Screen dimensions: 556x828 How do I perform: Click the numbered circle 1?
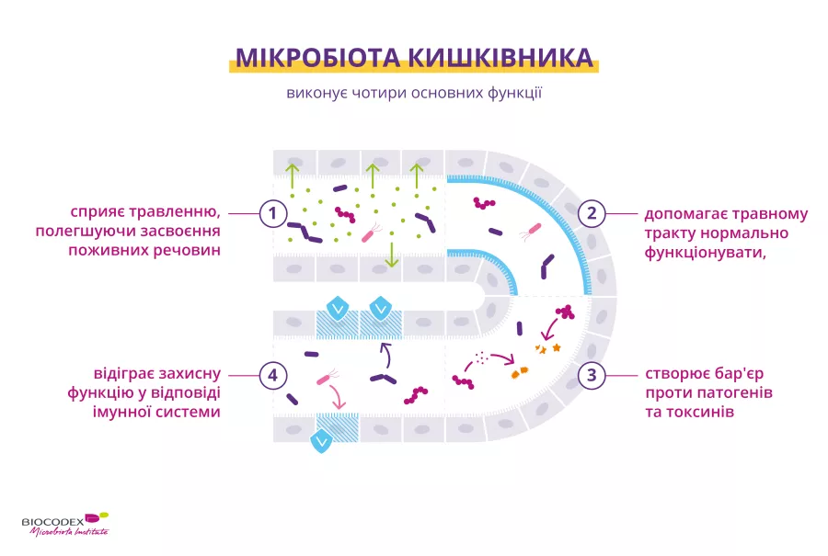point(271,214)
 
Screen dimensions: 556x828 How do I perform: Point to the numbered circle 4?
point(271,375)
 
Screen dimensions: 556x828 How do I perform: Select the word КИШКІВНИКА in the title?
point(504,58)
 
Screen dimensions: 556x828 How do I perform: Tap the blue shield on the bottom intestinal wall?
point(322,442)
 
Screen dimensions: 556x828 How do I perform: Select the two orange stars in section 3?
point(548,348)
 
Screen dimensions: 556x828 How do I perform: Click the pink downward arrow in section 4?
point(337,399)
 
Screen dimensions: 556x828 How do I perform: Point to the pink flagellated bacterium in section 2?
point(531,231)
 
